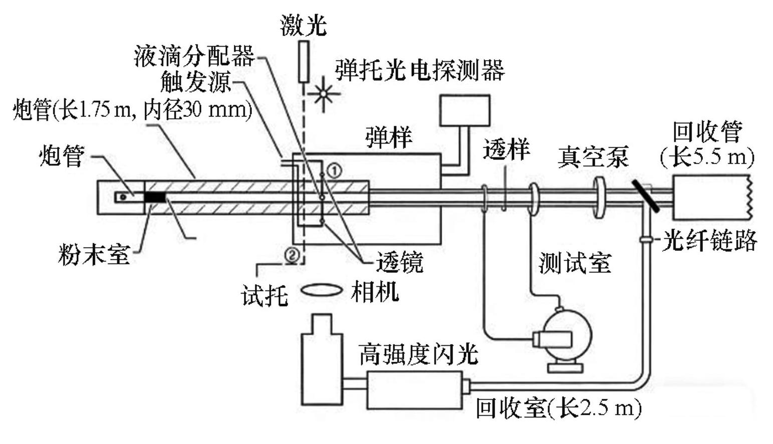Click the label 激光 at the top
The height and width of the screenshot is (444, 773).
[303, 25]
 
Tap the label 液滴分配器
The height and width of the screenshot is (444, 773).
[194, 56]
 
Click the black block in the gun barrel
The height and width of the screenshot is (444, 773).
[155, 197]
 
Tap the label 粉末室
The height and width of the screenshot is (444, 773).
[94, 254]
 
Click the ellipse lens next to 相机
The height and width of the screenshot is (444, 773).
[322, 290]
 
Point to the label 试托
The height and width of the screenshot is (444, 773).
[265, 294]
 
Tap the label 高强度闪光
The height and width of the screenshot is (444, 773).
[418, 355]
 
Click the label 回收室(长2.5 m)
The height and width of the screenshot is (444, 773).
[558, 408]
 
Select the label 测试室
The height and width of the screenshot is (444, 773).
[575, 262]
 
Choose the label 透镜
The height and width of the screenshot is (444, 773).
[400, 262]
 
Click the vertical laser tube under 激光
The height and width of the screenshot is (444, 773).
[303, 62]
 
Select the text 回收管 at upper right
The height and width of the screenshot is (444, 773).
[707, 131]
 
